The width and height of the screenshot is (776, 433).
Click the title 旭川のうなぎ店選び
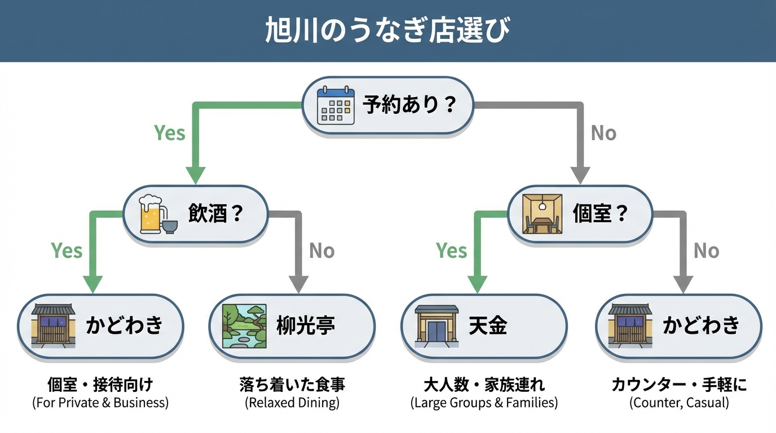(x=387, y=31)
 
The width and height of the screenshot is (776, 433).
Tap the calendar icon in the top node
(x=336, y=105)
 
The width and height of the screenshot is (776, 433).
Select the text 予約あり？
(x=409, y=105)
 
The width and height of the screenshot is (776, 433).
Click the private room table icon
(x=542, y=214)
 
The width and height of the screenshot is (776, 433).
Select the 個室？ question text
(x=600, y=214)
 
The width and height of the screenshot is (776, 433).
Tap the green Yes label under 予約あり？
(x=170, y=133)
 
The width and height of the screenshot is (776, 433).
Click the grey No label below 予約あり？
(x=603, y=133)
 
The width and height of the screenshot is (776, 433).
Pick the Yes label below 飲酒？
(x=67, y=250)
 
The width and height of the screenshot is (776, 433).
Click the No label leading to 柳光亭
(x=322, y=250)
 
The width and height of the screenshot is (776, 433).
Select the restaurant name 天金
(x=488, y=325)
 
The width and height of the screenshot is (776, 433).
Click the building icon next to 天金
(x=436, y=325)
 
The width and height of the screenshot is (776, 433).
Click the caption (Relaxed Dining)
(x=292, y=403)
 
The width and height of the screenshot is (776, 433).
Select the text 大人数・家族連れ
(x=484, y=385)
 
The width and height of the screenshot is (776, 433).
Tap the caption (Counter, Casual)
(x=679, y=403)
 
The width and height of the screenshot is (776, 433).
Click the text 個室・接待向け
(x=100, y=385)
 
